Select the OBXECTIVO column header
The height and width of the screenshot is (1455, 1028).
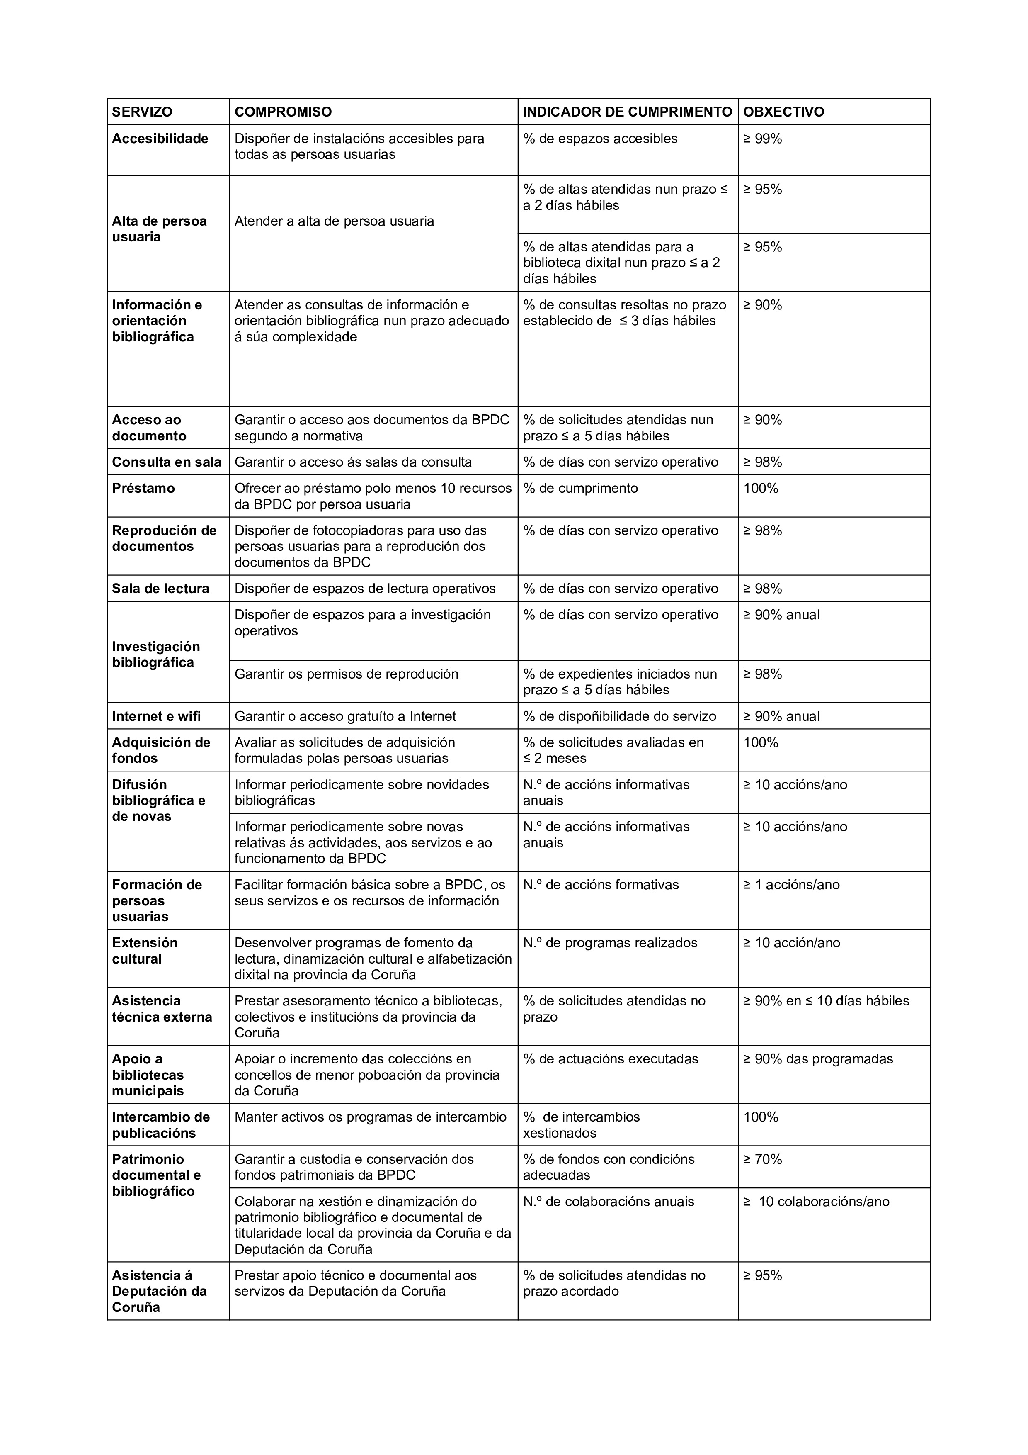pyautogui.click(x=783, y=112)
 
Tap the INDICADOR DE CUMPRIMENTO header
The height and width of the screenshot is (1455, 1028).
pyautogui.click(x=627, y=112)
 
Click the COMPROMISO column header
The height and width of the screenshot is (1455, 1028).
pyautogui.click(x=283, y=112)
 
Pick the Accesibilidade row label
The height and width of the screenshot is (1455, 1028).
pyautogui.click(x=160, y=139)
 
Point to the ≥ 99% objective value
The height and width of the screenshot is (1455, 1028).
pyautogui.click(x=763, y=139)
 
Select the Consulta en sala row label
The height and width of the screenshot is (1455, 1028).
pyautogui.click(x=167, y=462)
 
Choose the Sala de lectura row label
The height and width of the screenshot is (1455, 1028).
pyautogui.click(x=160, y=589)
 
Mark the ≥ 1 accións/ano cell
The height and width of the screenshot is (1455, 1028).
pyautogui.click(x=791, y=885)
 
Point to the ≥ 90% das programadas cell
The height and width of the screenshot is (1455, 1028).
pyautogui.click(x=818, y=1059)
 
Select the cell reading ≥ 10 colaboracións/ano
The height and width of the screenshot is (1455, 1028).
pyautogui.click(x=817, y=1202)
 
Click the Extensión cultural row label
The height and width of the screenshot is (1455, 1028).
pyautogui.click(x=145, y=951)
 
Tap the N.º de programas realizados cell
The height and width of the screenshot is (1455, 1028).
pyautogui.click(x=610, y=943)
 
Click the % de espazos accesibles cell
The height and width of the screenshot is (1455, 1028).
pyautogui.click(x=600, y=139)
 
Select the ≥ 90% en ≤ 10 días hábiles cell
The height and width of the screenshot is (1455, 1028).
pyautogui.click(x=826, y=1001)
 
